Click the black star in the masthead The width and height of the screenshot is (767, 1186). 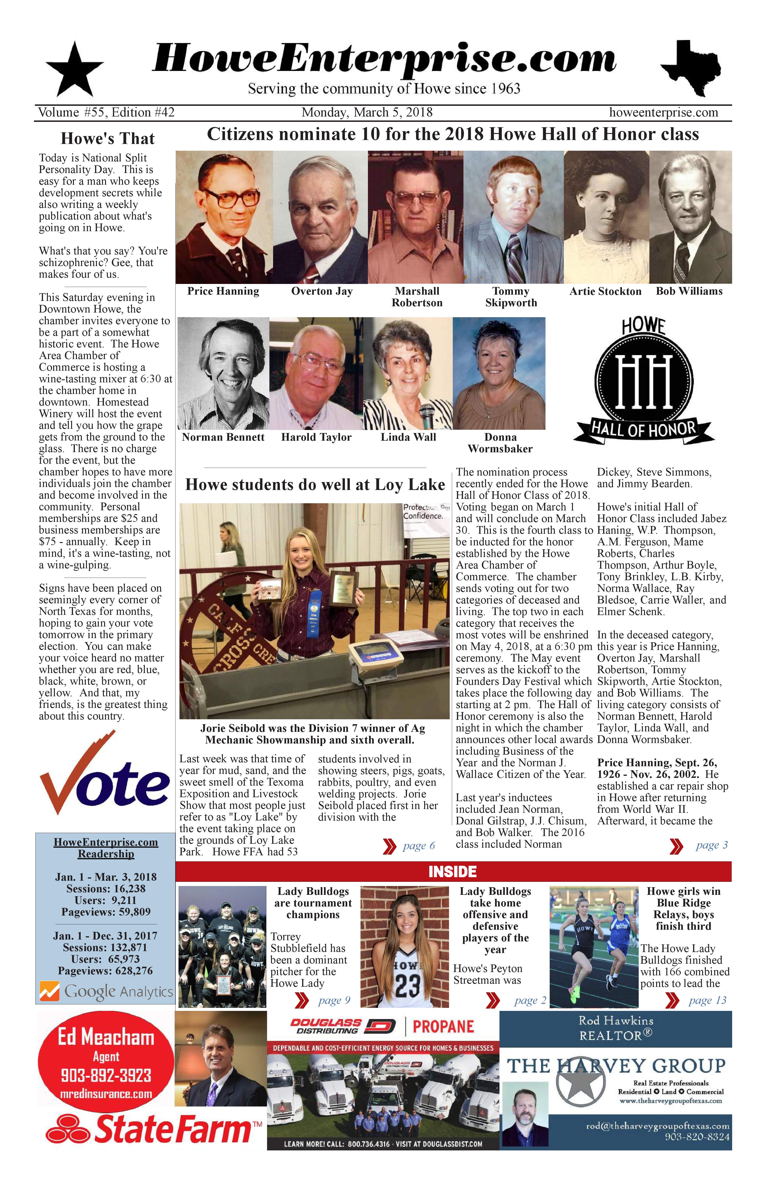pos(75,70)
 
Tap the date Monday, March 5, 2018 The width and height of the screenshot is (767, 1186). pos(367,113)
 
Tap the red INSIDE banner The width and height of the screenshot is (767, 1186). pos(453,872)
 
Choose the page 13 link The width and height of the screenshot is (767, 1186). pos(707,1000)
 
